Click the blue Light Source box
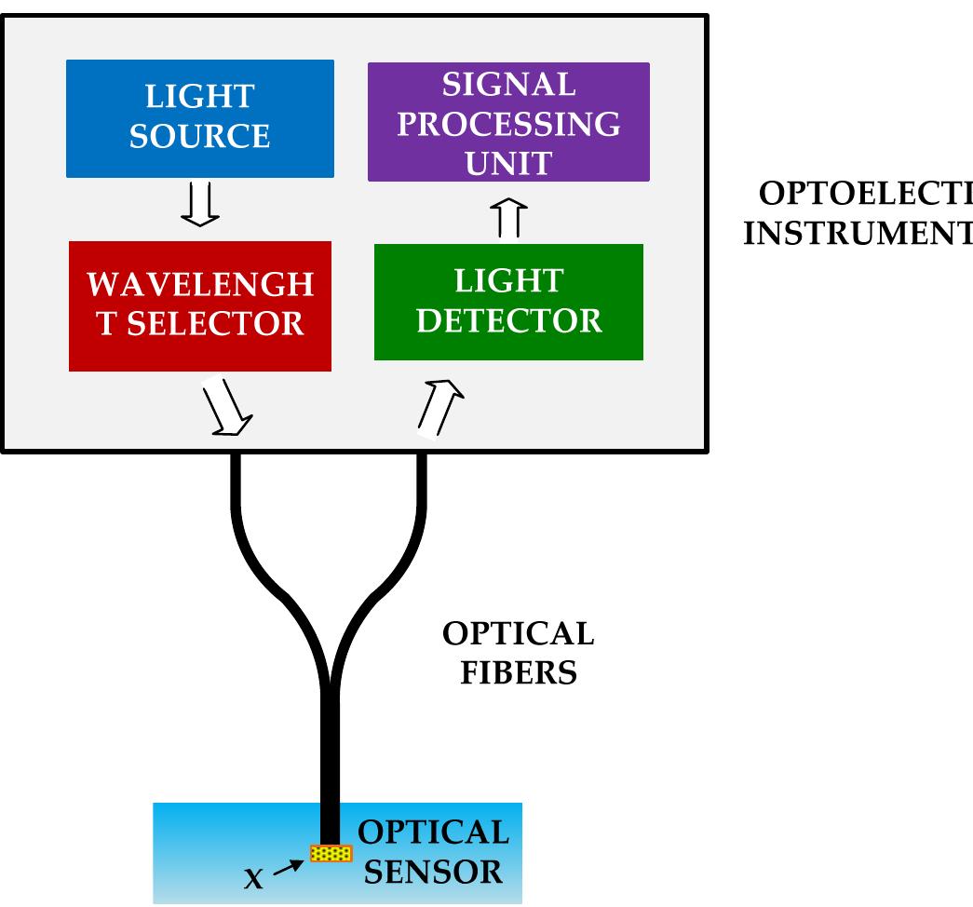click(x=199, y=117)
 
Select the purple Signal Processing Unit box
click(x=508, y=122)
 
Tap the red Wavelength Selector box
click(x=199, y=306)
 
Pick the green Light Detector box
click(x=508, y=302)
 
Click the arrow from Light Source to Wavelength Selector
click(x=199, y=204)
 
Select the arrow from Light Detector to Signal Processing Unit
click(x=508, y=217)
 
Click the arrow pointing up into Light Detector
click(x=439, y=407)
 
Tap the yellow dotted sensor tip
click(x=331, y=853)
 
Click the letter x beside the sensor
click(x=253, y=877)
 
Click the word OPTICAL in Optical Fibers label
click(x=518, y=634)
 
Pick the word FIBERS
click(x=519, y=672)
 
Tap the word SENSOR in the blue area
click(x=433, y=873)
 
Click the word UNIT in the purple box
click(x=508, y=163)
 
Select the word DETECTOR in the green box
click(x=508, y=321)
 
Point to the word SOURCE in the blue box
click(x=199, y=137)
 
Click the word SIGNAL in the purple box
click(x=508, y=85)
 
